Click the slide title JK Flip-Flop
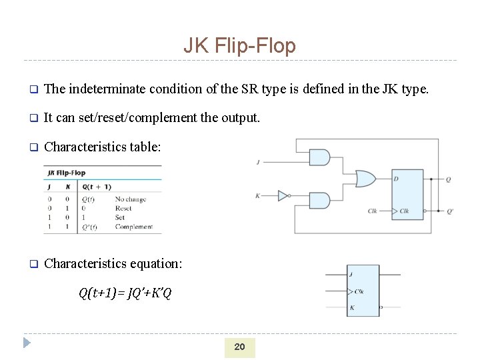click(x=239, y=45)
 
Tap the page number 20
click(x=239, y=347)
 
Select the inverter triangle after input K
click(x=283, y=195)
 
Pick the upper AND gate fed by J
click(x=319, y=158)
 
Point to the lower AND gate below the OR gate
click(x=319, y=200)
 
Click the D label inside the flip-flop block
click(x=395, y=179)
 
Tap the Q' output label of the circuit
click(x=450, y=211)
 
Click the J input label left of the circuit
click(x=258, y=161)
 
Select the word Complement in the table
click(x=133, y=227)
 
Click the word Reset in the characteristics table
click(x=123, y=208)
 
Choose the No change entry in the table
click(x=130, y=199)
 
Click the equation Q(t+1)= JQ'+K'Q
click(x=125, y=293)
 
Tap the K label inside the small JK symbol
click(x=351, y=308)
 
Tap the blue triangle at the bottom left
click(x=27, y=344)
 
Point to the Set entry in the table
click(x=120, y=217)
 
